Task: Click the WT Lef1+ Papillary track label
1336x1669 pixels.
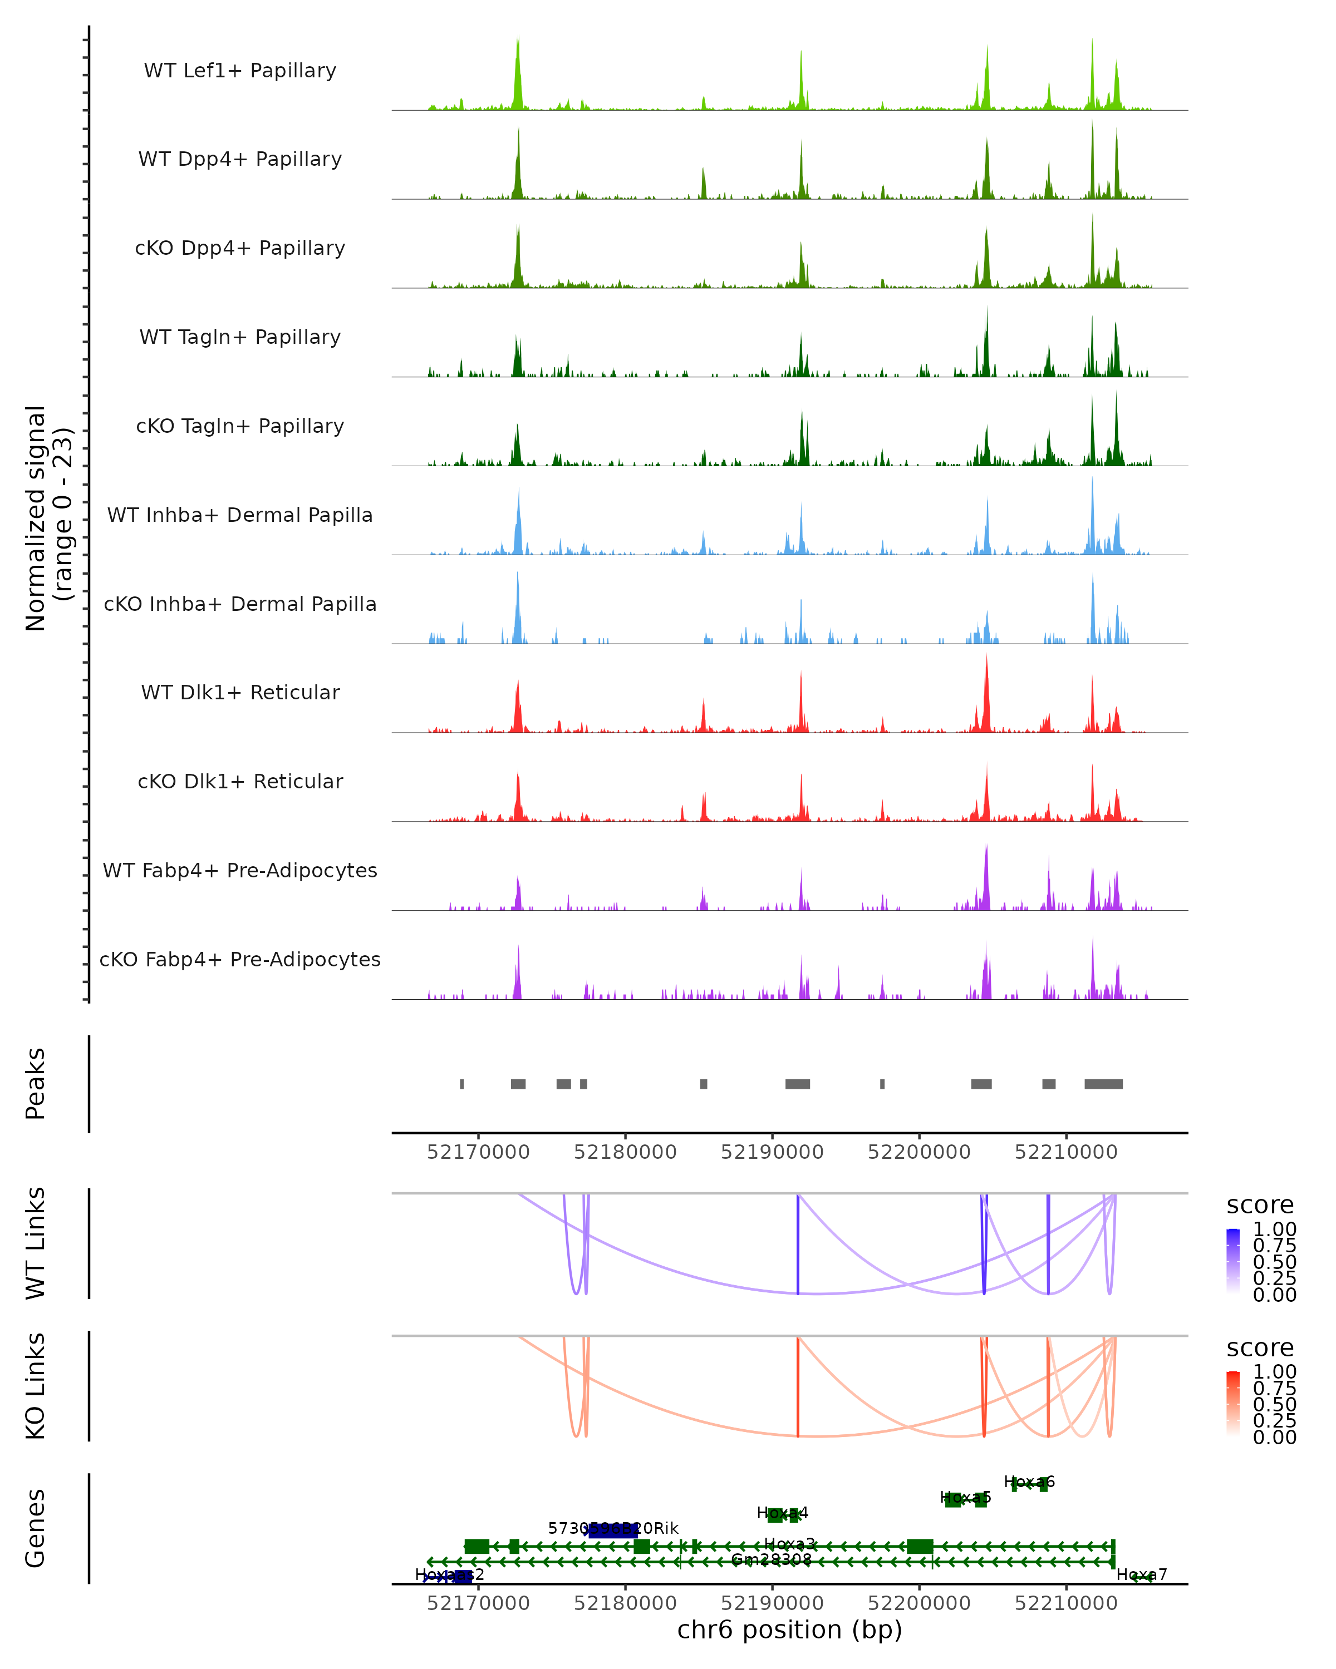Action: (240, 71)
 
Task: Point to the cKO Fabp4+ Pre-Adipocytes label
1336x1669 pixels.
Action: (240, 959)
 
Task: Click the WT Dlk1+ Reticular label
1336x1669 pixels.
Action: (240, 692)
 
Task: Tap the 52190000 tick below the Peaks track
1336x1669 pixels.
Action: (772, 1152)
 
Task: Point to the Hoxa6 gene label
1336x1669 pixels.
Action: (1029, 1482)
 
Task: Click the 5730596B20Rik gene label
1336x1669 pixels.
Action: (613, 1528)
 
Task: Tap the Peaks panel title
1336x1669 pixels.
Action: (36, 1084)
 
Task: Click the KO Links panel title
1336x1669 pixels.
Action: (36, 1386)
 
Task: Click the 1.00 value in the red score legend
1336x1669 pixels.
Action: (1274, 1372)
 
